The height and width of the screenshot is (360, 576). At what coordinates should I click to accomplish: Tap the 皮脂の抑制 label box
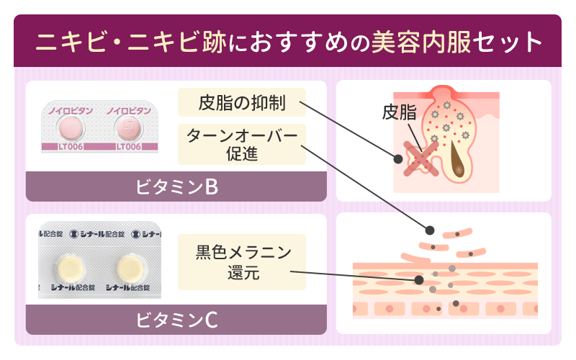point(242,103)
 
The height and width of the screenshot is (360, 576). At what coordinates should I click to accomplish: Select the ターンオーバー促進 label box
point(242,145)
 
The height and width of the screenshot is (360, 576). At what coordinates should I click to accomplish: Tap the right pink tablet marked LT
point(128,130)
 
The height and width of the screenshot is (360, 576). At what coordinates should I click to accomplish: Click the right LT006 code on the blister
point(127,148)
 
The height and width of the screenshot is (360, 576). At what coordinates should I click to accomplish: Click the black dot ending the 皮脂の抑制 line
point(398,157)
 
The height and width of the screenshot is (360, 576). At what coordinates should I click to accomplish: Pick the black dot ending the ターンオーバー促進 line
point(430,230)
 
